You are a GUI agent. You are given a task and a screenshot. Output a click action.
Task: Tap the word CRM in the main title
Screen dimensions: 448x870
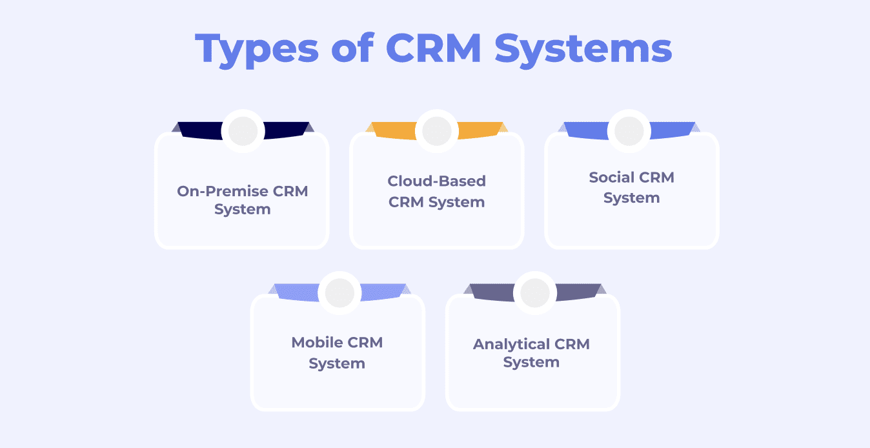[x=435, y=48]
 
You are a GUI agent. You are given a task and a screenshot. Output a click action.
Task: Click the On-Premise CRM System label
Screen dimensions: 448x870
[x=243, y=200]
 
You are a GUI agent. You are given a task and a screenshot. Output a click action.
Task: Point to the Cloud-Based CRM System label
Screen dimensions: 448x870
[x=437, y=191]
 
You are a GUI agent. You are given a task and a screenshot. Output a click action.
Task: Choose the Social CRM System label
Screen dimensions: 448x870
[x=632, y=187]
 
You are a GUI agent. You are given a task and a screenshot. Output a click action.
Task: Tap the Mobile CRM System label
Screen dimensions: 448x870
[x=337, y=352]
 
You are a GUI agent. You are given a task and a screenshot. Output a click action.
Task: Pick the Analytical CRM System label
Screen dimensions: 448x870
[x=532, y=353]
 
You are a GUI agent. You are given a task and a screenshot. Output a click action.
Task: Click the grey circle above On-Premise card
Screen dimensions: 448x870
[x=243, y=131]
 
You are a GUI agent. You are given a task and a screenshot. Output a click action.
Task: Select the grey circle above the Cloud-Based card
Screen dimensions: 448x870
[x=437, y=131]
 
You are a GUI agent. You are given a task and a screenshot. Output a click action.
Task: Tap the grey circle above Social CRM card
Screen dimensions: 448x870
[x=630, y=131]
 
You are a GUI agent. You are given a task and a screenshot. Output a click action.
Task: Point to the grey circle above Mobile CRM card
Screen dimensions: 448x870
[x=339, y=293]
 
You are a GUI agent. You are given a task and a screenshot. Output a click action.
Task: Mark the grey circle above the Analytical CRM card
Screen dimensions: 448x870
[x=534, y=293]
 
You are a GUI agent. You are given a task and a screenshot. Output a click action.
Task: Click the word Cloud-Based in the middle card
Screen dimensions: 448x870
[x=437, y=181]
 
